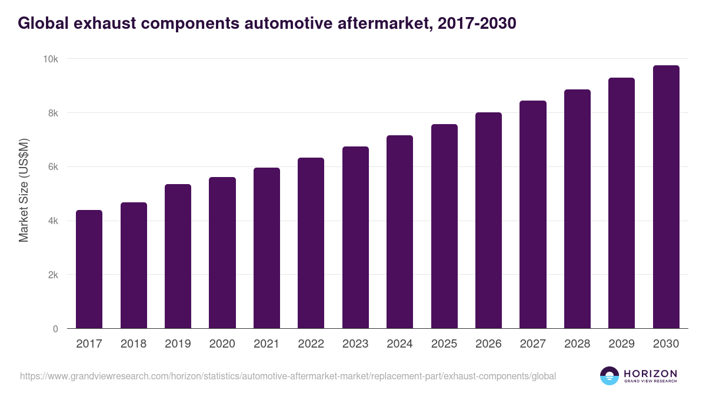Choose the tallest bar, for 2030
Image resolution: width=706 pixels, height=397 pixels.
[665, 197]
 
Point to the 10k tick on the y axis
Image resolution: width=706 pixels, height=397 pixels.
[50, 59]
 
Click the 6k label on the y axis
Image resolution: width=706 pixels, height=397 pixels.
[52, 167]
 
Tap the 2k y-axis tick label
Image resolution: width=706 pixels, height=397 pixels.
[52, 275]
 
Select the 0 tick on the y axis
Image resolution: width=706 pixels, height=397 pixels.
[55, 329]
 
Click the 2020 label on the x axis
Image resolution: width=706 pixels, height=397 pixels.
[222, 344]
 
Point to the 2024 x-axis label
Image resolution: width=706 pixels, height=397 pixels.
[399, 344]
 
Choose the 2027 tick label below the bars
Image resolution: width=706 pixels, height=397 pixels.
[532, 344]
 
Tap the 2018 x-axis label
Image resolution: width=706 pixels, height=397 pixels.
[134, 344]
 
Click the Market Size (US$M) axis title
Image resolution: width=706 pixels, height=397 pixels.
[24, 191]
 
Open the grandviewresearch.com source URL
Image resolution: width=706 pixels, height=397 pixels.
[288, 376]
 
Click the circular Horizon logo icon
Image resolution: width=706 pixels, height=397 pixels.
[610, 376]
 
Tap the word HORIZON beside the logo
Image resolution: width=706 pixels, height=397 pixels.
[650, 373]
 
